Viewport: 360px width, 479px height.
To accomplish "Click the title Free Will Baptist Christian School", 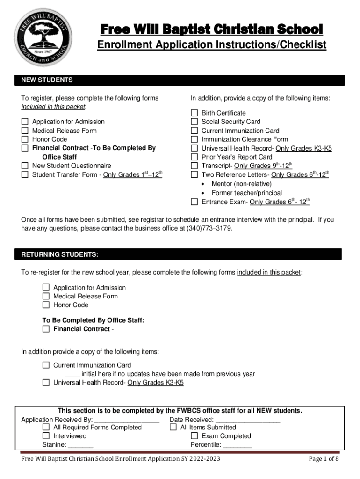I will [212, 29].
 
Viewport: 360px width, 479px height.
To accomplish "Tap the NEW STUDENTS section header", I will [47, 80].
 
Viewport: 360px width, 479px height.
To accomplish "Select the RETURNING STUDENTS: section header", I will [60, 254].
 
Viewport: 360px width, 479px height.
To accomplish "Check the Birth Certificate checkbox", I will [194, 113].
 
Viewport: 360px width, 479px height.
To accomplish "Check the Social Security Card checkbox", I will [194, 122].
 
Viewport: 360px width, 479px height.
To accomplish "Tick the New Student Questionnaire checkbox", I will [25, 166].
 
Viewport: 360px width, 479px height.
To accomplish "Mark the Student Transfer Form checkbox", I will [25, 174].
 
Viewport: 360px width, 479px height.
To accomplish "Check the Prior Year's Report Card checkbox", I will [194, 157].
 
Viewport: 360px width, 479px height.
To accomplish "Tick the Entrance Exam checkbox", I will [194, 202].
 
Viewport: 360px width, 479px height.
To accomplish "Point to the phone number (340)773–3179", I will [209, 229].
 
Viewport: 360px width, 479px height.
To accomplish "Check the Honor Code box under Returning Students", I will [46, 305].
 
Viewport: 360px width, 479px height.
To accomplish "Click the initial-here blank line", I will [72, 375].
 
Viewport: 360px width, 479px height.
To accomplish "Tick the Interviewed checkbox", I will [46, 436].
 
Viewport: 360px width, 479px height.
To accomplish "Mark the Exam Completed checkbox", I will [194, 436].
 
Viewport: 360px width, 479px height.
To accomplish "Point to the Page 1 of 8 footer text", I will [324, 459].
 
